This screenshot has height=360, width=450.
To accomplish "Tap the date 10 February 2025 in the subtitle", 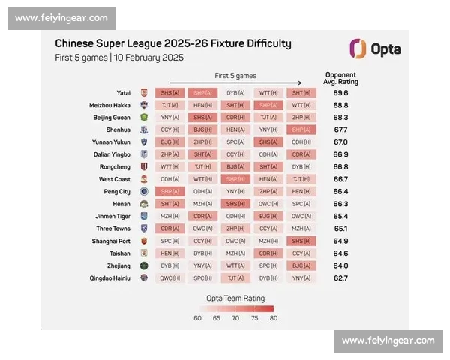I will click(x=148, y=58).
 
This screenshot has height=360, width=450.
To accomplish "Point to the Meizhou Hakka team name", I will click(x=111, y=105).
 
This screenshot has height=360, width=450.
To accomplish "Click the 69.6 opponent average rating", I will click(x=340, y=93).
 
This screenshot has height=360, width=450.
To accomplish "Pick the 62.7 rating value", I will click(x=340, y=277).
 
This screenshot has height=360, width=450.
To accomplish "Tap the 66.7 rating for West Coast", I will click(x=340, y=179).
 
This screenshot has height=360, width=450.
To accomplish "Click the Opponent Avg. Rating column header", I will click(x=340, y=78).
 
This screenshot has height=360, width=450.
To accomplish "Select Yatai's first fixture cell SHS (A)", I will click(x=169, y=93).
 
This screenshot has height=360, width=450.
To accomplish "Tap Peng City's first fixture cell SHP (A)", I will click(x=169, y=191).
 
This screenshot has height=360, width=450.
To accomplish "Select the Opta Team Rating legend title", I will click(x=235, y=298).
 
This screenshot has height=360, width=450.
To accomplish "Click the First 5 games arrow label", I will click(x=235, y=76).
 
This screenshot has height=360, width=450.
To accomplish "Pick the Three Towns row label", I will click(x=113, y=229).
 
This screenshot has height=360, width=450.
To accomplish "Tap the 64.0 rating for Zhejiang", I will click(x=340, y=265).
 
